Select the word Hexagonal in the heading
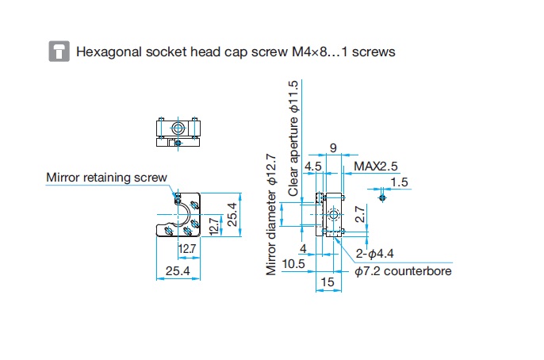tap(109, 52)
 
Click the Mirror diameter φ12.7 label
tap(272, 214)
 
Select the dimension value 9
tap(332, 148)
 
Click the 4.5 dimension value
tap(312, 167)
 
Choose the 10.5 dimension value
tap(293, 263)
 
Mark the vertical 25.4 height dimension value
tap(232, 214)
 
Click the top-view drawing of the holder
tap(180, 131)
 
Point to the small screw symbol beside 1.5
tap(384, 193)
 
